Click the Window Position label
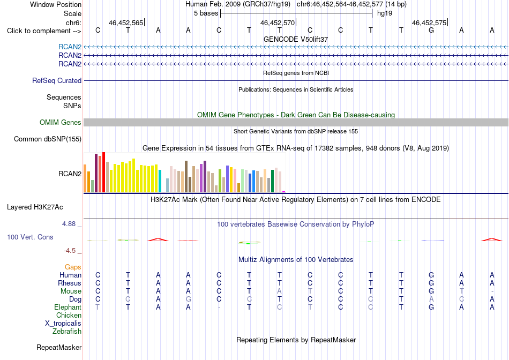(x=56, y=4)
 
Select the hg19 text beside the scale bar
(x=385, y=13)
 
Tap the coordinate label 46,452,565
(x=125, y=22)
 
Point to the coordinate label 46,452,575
(x=429, y=22)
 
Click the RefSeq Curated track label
(x=57, y=80)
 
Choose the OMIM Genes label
(x=61, y=122)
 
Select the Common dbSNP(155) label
(x=48, y=139)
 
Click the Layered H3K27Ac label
(x=35, y=207)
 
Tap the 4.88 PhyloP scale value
(x=69, y=224)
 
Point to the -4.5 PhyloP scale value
(x=70, y=251)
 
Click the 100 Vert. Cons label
(x=30, y=237)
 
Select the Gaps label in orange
(x=73, y=267)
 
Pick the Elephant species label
(x=68, y=307)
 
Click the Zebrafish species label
(x=67, y=332)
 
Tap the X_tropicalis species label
(x=63, y=324)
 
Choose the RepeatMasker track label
(x=59, y=347)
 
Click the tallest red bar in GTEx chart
(x=103, y=172)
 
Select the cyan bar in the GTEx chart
(x=160, y=181)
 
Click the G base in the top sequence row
(x=431, y=31)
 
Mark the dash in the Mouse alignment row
(x=492, y=291)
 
